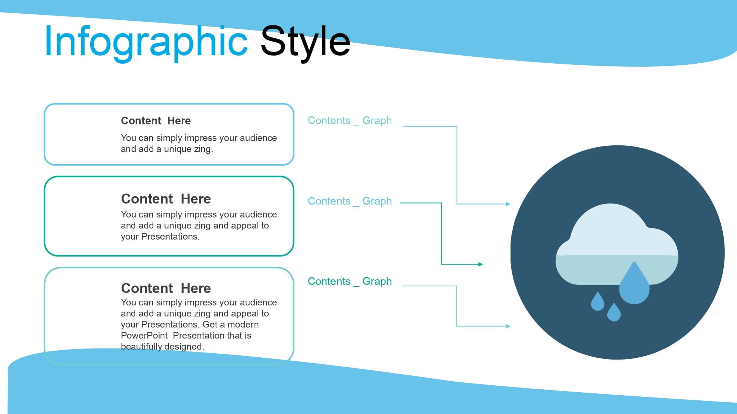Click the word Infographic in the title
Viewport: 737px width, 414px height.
pos(146,41)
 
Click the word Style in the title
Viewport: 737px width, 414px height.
pos(305,41)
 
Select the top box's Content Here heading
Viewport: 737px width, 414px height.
pos(156,121)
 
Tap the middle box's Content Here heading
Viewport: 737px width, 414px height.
pos(166,199)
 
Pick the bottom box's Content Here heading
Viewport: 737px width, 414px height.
pos(166,288)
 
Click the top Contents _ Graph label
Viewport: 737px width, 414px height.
pos(350,121)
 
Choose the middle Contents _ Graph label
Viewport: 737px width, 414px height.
pos(350,201)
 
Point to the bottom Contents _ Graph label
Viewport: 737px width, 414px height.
pos(350,282)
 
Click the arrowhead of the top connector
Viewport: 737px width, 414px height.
pos(508,204)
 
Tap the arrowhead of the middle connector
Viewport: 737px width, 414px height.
pos(481,264)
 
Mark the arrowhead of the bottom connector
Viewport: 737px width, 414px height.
pos(508,326)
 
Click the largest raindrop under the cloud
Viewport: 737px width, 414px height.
pos(634,284)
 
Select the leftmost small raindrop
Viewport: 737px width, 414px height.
pos(598,302)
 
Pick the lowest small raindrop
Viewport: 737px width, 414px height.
pos(614,313)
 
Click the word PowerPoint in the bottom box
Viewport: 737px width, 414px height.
pos(144,336)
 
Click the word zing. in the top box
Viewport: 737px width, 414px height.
pos(204,149)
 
